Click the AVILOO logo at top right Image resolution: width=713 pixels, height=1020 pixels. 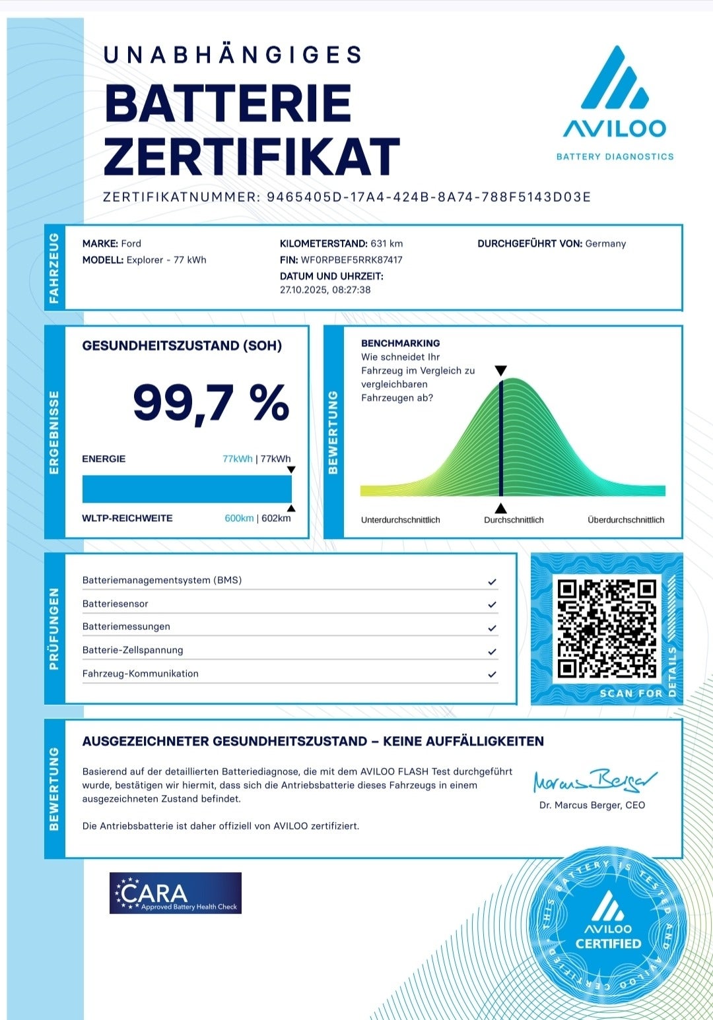tap(614, 99)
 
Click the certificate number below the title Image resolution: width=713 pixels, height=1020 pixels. tap(428, 197)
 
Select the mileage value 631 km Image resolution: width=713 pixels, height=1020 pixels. tap(386, 243)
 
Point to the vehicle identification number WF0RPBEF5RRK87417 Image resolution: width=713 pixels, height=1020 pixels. tap(351, 260)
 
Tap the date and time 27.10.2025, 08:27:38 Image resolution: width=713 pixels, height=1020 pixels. tap(325, 290)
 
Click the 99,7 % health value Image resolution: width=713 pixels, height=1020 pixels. tap(211, 402)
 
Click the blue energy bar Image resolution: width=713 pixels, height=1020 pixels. tap(187, 489)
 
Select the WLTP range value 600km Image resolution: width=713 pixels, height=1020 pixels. tap(238, 519)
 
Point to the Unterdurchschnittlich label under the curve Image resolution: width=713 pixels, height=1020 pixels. tap(400, 520)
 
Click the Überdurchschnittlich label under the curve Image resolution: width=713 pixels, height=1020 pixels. tap(626, 520)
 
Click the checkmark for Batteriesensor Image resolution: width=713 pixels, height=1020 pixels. tap(492, 604)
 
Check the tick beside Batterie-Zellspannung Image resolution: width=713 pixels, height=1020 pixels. tap(492, 651)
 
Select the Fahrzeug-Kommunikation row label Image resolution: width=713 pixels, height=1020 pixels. tap(140, 674)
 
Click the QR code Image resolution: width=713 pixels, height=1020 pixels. tap(607, 629)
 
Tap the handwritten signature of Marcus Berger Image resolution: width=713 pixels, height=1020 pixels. tap(594, 781)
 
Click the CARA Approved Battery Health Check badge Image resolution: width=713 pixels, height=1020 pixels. tap(176, 893)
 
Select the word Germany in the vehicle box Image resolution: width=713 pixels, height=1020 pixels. tap(605, 243)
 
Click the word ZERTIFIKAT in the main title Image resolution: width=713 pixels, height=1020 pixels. tap(252, 157)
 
